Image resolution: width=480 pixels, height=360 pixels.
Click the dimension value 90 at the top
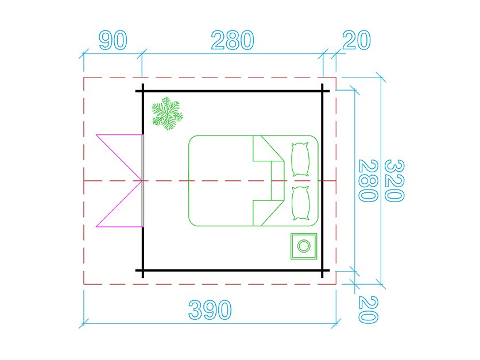(113, 41)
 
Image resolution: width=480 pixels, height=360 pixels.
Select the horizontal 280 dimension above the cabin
(232, 41)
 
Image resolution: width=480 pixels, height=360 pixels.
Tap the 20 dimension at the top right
(356, 41)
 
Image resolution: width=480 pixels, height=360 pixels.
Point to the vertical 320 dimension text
(394, 181)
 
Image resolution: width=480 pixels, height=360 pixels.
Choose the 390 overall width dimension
(210, 311)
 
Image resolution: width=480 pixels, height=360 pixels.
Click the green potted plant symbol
(167, 114)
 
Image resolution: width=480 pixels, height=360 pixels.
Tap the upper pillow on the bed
(301, 159)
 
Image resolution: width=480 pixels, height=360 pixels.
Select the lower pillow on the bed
(301, 203)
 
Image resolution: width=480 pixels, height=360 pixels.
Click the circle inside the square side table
(303, 247)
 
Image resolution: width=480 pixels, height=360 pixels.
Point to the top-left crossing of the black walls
(143, 91)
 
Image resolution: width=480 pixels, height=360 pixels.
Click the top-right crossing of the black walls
(323, 91)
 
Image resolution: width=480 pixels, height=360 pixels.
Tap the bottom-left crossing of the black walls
(143, 270)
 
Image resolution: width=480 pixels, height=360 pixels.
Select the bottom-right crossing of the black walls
(323, 270)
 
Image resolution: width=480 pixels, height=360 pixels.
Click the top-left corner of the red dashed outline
(84, 77)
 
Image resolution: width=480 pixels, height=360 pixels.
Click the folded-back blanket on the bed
(268, 180)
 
